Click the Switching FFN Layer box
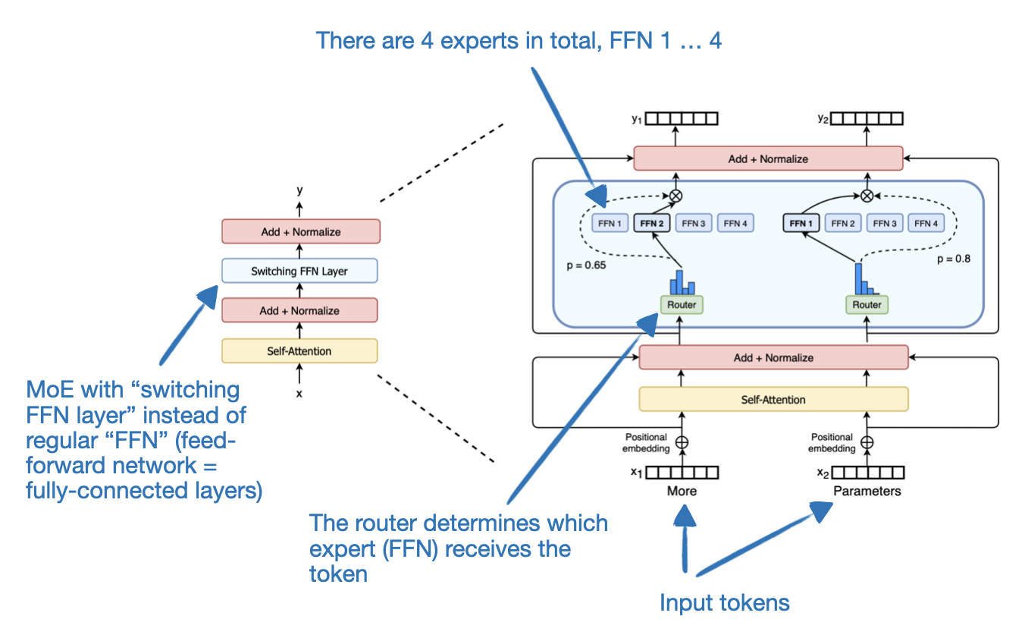pos(299,271)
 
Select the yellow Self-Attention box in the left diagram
pos(299,350)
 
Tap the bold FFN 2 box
pos(652,223)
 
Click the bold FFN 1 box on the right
pos(798,223)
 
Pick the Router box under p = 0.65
pos(681,304)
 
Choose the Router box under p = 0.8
pos(867,304)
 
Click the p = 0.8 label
pos(953,258)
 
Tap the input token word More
pos(682,491)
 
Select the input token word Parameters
pos(867,491)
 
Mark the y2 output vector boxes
pos(867,118)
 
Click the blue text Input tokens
pos(725,602)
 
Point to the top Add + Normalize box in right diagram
pos(768,159)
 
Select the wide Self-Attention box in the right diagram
pos(773,399)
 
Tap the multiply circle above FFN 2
pos(675,195)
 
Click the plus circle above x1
pos(681,442)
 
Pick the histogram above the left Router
pos(682,283)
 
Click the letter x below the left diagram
pos(299,393)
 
